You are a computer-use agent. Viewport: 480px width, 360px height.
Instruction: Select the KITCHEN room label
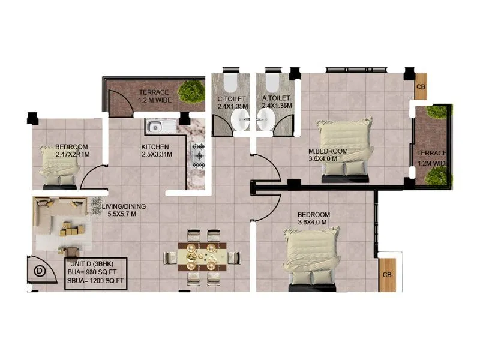[x=155, y=146]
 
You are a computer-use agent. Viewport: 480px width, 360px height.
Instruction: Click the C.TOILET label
[x=231, y=98]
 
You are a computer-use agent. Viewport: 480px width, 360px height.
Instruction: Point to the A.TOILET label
[x=276, y=98]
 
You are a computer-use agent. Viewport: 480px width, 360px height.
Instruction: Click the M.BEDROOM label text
[x=327, y=151]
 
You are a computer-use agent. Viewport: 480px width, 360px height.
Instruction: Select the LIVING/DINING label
[x=123, y=206]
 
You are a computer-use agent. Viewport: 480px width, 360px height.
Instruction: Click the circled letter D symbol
[x=40, y=271]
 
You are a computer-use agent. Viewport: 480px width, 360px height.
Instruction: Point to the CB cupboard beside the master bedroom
[x=421, y=86]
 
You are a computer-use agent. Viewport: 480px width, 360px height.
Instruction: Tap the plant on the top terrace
[x=193, y=91]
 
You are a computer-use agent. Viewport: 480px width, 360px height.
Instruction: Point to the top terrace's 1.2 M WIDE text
[x=154, y=100]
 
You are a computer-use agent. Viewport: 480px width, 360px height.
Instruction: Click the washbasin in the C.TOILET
[x=238, y=122]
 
